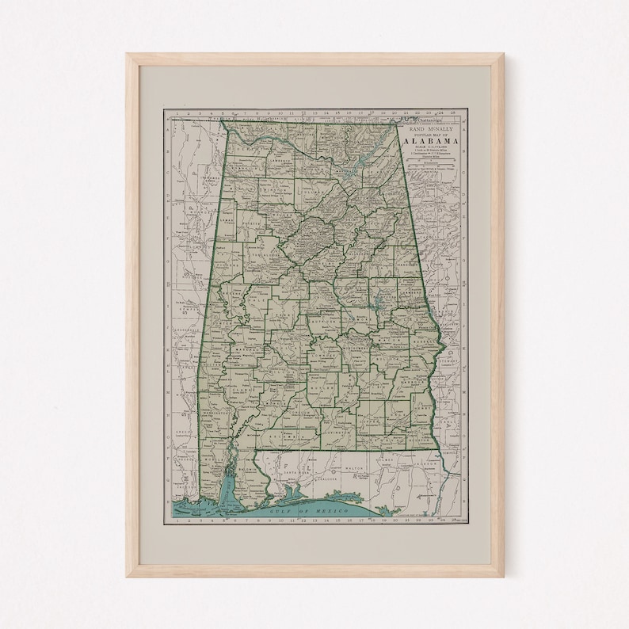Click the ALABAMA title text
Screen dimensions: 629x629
(x=432, y=140)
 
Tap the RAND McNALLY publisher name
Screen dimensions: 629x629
(x=432, y=127)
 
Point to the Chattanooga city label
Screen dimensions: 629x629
(x=409, y=118)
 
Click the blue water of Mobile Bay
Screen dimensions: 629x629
(x=231, y=483)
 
